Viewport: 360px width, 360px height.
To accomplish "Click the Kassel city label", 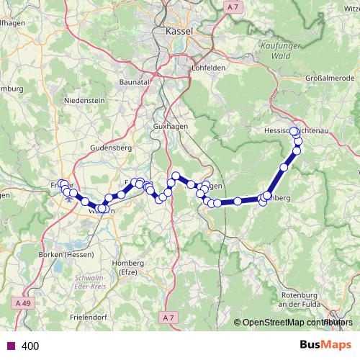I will click(179, 32).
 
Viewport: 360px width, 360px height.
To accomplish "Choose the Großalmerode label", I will click(328, 78).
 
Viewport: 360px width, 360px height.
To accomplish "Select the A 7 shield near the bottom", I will click(168, 317).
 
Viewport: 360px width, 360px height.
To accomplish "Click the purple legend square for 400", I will click(9, 346).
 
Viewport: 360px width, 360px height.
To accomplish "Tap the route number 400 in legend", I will click(30, 346).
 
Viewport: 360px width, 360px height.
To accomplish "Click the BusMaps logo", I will click(320, 345).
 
